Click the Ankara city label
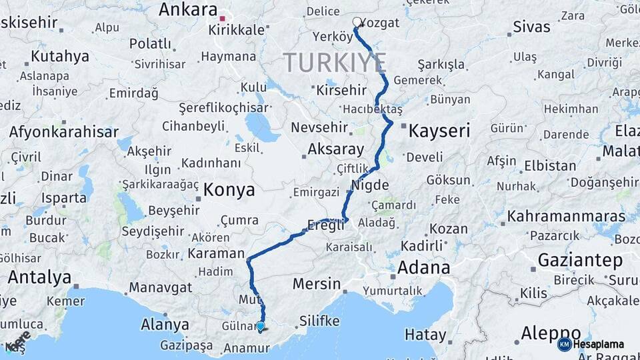(x=189, y=10)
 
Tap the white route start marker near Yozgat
(x=357, y=22)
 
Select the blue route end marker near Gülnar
(x=261, y=327)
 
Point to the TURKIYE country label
(x=335, y=63)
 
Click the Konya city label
(x=229, y=190)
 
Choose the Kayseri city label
(x=439, y=130)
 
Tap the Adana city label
(x=423, y=268)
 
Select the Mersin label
(x=317, y=284)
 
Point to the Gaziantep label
(x=580, y=259)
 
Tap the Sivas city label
(x=531, y=27)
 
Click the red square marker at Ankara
(x=223, y=19)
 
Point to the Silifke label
(x=324, y=321)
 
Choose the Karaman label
(x=216, y=253)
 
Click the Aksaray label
(x=336, y=149)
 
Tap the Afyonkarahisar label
(x=63, y=132)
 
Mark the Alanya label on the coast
(x=165, y=325)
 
